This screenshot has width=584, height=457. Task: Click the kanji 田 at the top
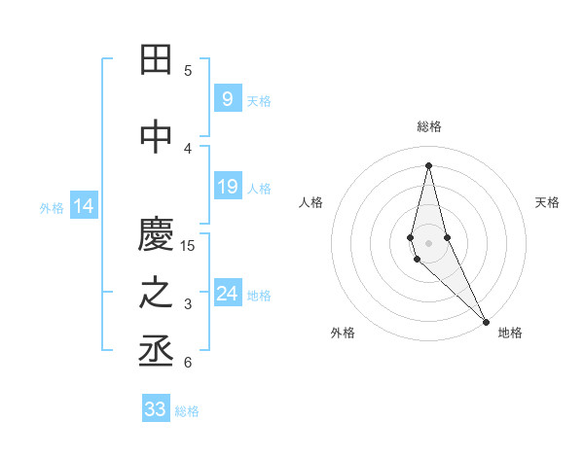[x=157, y=61]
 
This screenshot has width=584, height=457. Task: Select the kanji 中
[x=157, y=137]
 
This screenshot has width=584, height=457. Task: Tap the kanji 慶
[x=157, y=235]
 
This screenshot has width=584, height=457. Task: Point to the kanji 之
[x=157, y=293]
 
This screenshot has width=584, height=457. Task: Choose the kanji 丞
[x=157, y=351]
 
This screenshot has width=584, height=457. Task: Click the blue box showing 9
[x=227, y=99]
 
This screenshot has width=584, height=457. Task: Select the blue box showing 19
[x=227, y=188]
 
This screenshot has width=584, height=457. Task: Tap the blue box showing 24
[x=227, y=295]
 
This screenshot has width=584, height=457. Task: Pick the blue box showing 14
[x=83, y=206]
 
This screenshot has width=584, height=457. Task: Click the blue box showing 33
[x=155, y=409]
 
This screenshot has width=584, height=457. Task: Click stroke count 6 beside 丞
[x=188, y=363]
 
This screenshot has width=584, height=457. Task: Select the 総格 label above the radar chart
[x=429, y=126]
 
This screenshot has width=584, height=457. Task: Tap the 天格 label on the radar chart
[x=548, y=202]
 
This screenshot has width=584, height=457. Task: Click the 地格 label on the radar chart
[x=510, y=333]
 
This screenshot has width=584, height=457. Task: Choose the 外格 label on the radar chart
[x=343, y=333]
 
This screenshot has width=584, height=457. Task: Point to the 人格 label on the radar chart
[x=311, y=202]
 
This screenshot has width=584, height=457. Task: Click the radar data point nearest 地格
[x=486, y=321]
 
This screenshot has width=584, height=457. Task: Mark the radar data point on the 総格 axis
[x=428, y=164]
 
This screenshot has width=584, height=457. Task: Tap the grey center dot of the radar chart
[x=428, y=243]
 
